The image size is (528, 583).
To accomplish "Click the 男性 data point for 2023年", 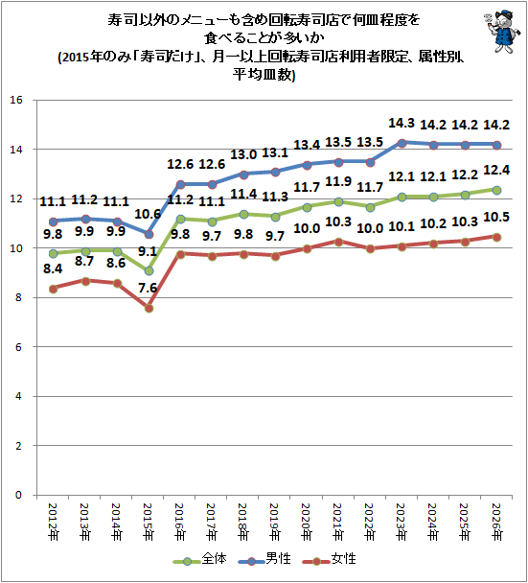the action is tap(402, 143).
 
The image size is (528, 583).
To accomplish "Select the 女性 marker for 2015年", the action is tap(149, 308).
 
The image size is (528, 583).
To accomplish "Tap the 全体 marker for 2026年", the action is tap(496, 191).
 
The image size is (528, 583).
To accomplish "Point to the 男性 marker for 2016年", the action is tap(180, 184).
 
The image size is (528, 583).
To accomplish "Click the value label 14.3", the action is tap(402, 123).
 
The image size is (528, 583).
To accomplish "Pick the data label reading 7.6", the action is tap(148, 288).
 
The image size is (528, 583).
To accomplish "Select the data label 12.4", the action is tap(496, 171).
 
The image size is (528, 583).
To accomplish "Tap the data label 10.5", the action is tap(496, 217).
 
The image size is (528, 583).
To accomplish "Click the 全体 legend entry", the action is tap(200, 559).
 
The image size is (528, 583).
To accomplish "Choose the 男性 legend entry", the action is tap(264, 559).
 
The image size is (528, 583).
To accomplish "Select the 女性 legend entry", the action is tap(330, 559).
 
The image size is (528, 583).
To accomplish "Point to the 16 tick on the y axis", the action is tap(16, 100).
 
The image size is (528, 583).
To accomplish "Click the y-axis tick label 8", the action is tap(18, 297).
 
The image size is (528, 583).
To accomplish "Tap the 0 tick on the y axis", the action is tap(18, 495).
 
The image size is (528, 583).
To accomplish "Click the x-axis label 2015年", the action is tap(149, 522).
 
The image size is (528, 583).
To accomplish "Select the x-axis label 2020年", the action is tap(307, 522).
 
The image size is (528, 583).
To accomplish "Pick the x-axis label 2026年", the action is tap(496, 522).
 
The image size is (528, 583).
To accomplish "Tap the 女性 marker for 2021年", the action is tap(338, 242).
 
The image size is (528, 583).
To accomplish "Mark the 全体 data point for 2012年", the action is tap(53, 253).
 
